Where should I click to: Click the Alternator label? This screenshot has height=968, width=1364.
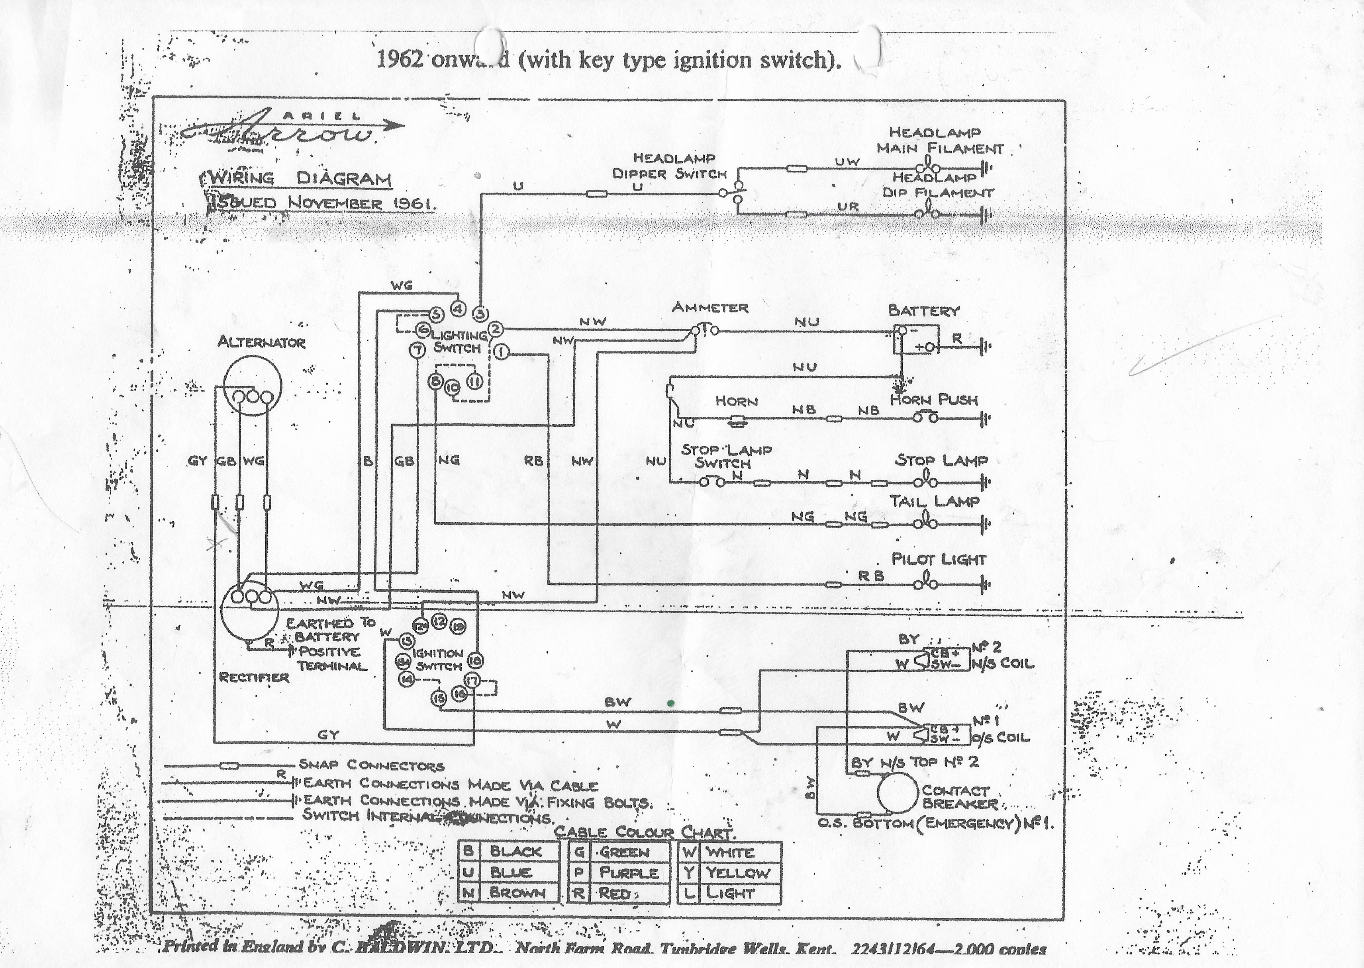tap(261, 342)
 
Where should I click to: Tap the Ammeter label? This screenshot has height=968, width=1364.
tap(710, 308)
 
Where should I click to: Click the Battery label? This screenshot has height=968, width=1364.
tap(923, 310)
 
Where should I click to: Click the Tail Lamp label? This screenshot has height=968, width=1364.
tap(934, 501)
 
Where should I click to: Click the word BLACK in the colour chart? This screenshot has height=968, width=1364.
tap(516, 851)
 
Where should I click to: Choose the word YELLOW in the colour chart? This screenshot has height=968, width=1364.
tap(738, 872)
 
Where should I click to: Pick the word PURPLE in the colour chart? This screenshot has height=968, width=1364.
tap(629, 872)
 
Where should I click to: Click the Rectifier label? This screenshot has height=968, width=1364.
tap(254, 677)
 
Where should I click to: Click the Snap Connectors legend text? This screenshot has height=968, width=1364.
tap(371, 765)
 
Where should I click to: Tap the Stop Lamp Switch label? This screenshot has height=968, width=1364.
tap(725, 456)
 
